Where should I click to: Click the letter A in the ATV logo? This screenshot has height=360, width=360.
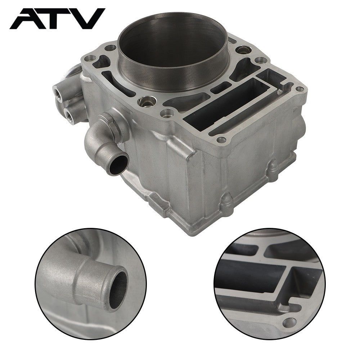pyautogui.click(x=25, y=19)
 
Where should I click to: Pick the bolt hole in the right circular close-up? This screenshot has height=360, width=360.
pyautogui.click(x=289, y=323)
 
